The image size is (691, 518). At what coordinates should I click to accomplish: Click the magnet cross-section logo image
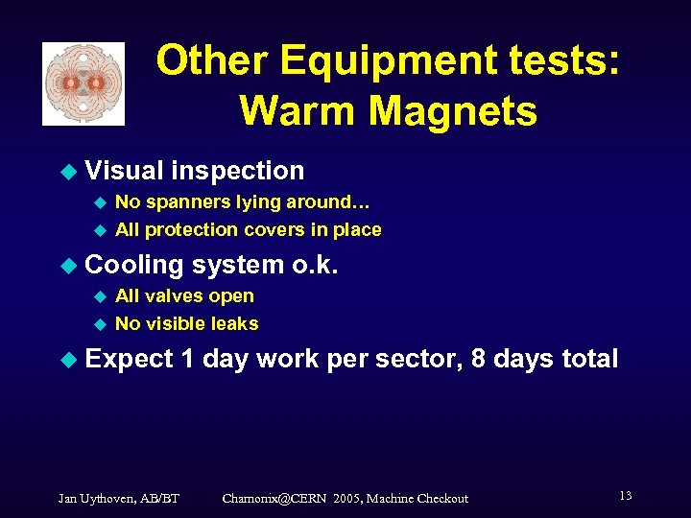[83, 83]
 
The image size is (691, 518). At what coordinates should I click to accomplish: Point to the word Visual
[124, 171]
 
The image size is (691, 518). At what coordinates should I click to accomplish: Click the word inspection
[237, 171]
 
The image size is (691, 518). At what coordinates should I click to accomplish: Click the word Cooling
[134, 265]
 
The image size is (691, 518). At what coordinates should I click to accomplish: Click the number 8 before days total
[481, 360]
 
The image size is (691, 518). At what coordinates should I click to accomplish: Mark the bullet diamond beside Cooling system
[67, 266]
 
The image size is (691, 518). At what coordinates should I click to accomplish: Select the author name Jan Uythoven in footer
[98, 498]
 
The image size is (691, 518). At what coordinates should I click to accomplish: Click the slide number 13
[625, 496]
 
